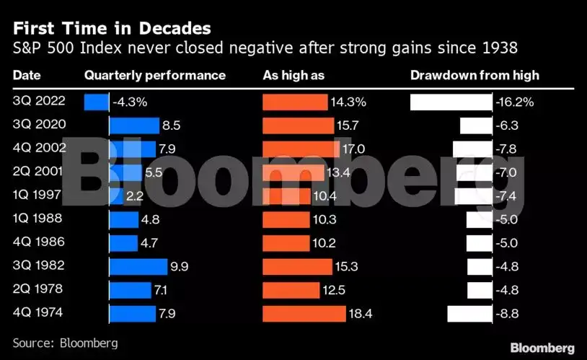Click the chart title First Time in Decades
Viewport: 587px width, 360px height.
click(112, 29)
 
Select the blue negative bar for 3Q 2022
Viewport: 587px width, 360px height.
click(96, 102)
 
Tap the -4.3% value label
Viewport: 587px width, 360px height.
click(130, 102)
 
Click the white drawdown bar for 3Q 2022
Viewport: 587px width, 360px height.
click(451, 102)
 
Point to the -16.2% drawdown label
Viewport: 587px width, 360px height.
click(514, 102)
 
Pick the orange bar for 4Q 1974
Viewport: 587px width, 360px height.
click(305, 314)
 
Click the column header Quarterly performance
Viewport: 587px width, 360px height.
click(154, 75)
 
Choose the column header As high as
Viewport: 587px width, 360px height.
click(293, 75)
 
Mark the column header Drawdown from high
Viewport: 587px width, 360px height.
click(475, 75)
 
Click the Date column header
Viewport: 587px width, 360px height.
click(27, 75)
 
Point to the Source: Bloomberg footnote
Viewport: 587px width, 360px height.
click(65, 343)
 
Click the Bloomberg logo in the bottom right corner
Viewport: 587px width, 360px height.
click(542, 348)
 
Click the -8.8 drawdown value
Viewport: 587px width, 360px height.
click(508, 314)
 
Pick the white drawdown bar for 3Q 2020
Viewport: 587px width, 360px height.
click(475, 126)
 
